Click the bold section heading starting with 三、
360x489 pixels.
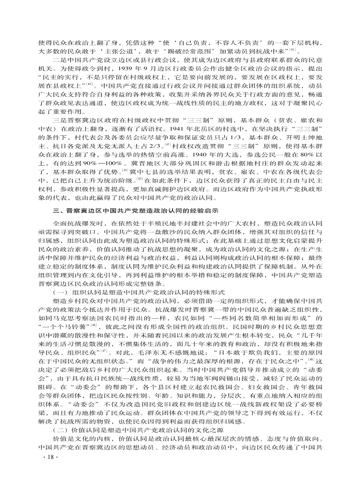click(136, 210)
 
